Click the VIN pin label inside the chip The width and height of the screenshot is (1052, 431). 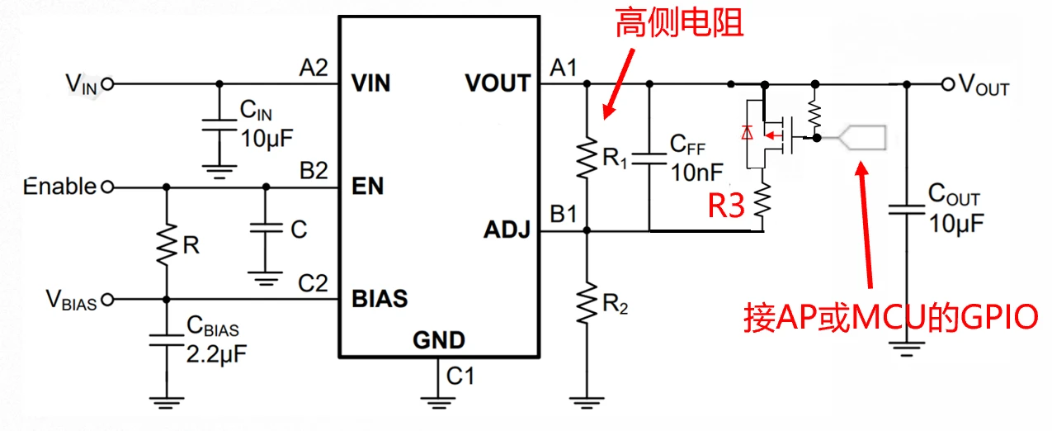coord(370,83)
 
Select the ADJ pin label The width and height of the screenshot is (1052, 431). coord(507,232)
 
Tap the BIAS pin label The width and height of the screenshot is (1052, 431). coord(380,298)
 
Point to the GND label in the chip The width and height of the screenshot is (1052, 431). coord(439,339)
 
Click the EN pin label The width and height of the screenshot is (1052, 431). coord(367,187)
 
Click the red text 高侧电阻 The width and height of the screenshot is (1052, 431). coord(679,24)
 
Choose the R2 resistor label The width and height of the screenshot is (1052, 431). coord(615,304)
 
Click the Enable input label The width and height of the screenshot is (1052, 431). coord(59,187)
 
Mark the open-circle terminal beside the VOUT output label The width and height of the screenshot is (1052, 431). coord(947,84)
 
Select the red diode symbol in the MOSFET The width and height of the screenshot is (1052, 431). coord(748,132)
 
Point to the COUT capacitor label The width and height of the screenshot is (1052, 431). coord(954,196)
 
